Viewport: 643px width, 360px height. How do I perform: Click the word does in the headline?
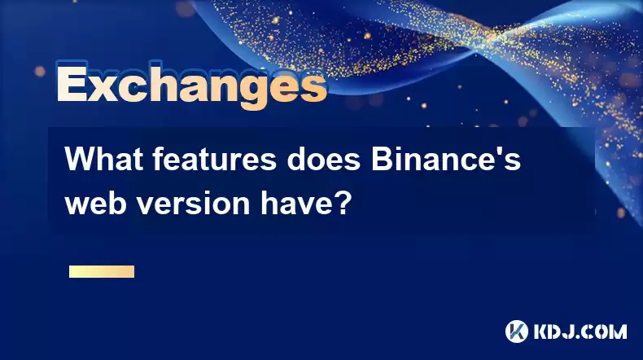[x=324, y=160]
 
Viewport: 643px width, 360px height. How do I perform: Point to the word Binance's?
[x=446, y=160]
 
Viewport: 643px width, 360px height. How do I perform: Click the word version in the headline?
[x=194, y=204]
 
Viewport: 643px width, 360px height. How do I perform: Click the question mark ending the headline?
[x=343, y=203]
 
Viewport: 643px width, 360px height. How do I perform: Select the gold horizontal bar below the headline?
[x=102, y=271]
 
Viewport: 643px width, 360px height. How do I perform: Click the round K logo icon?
[x=517, y=331]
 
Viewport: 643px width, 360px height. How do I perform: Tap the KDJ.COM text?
[x=580, y=331]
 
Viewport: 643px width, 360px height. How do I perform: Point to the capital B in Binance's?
[x=382, y=160]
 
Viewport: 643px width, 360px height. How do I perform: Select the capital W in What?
[x=81, y=160]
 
